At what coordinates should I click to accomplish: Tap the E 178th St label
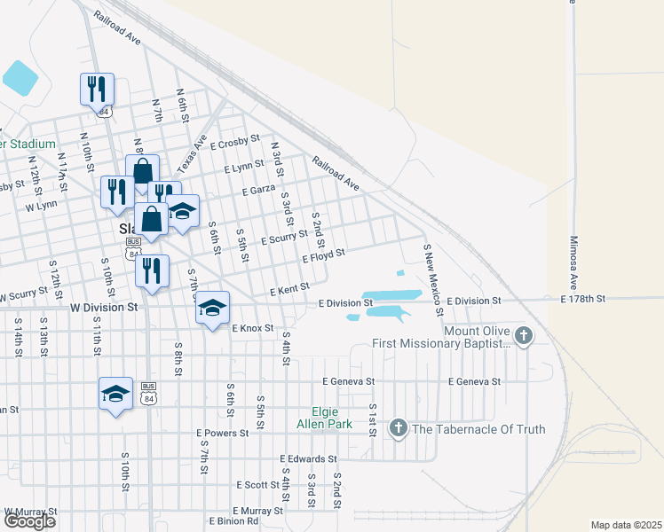[x=582, y=300]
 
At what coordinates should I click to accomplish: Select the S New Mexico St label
[x=432, y=279]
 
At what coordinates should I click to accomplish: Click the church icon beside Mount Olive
[x=525, y=335]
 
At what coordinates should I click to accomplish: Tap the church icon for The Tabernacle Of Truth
[x=398, y=429]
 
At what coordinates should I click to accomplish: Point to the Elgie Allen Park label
[x=323, y=418]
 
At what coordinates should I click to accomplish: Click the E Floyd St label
[x=322, y=257]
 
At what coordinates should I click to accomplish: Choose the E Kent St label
[x=289, y=289]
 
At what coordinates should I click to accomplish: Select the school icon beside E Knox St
[x=212, y=308]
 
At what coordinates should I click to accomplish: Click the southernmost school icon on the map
[x=115, y=394]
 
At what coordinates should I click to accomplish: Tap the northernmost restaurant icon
[x=97, y=89]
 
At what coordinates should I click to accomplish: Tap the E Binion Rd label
[x=233, y=521]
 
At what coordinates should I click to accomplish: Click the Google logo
[x=29, y=521]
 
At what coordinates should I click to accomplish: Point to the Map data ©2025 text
[x=625, y=525]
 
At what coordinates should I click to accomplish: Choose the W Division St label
[x=105, y=307]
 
